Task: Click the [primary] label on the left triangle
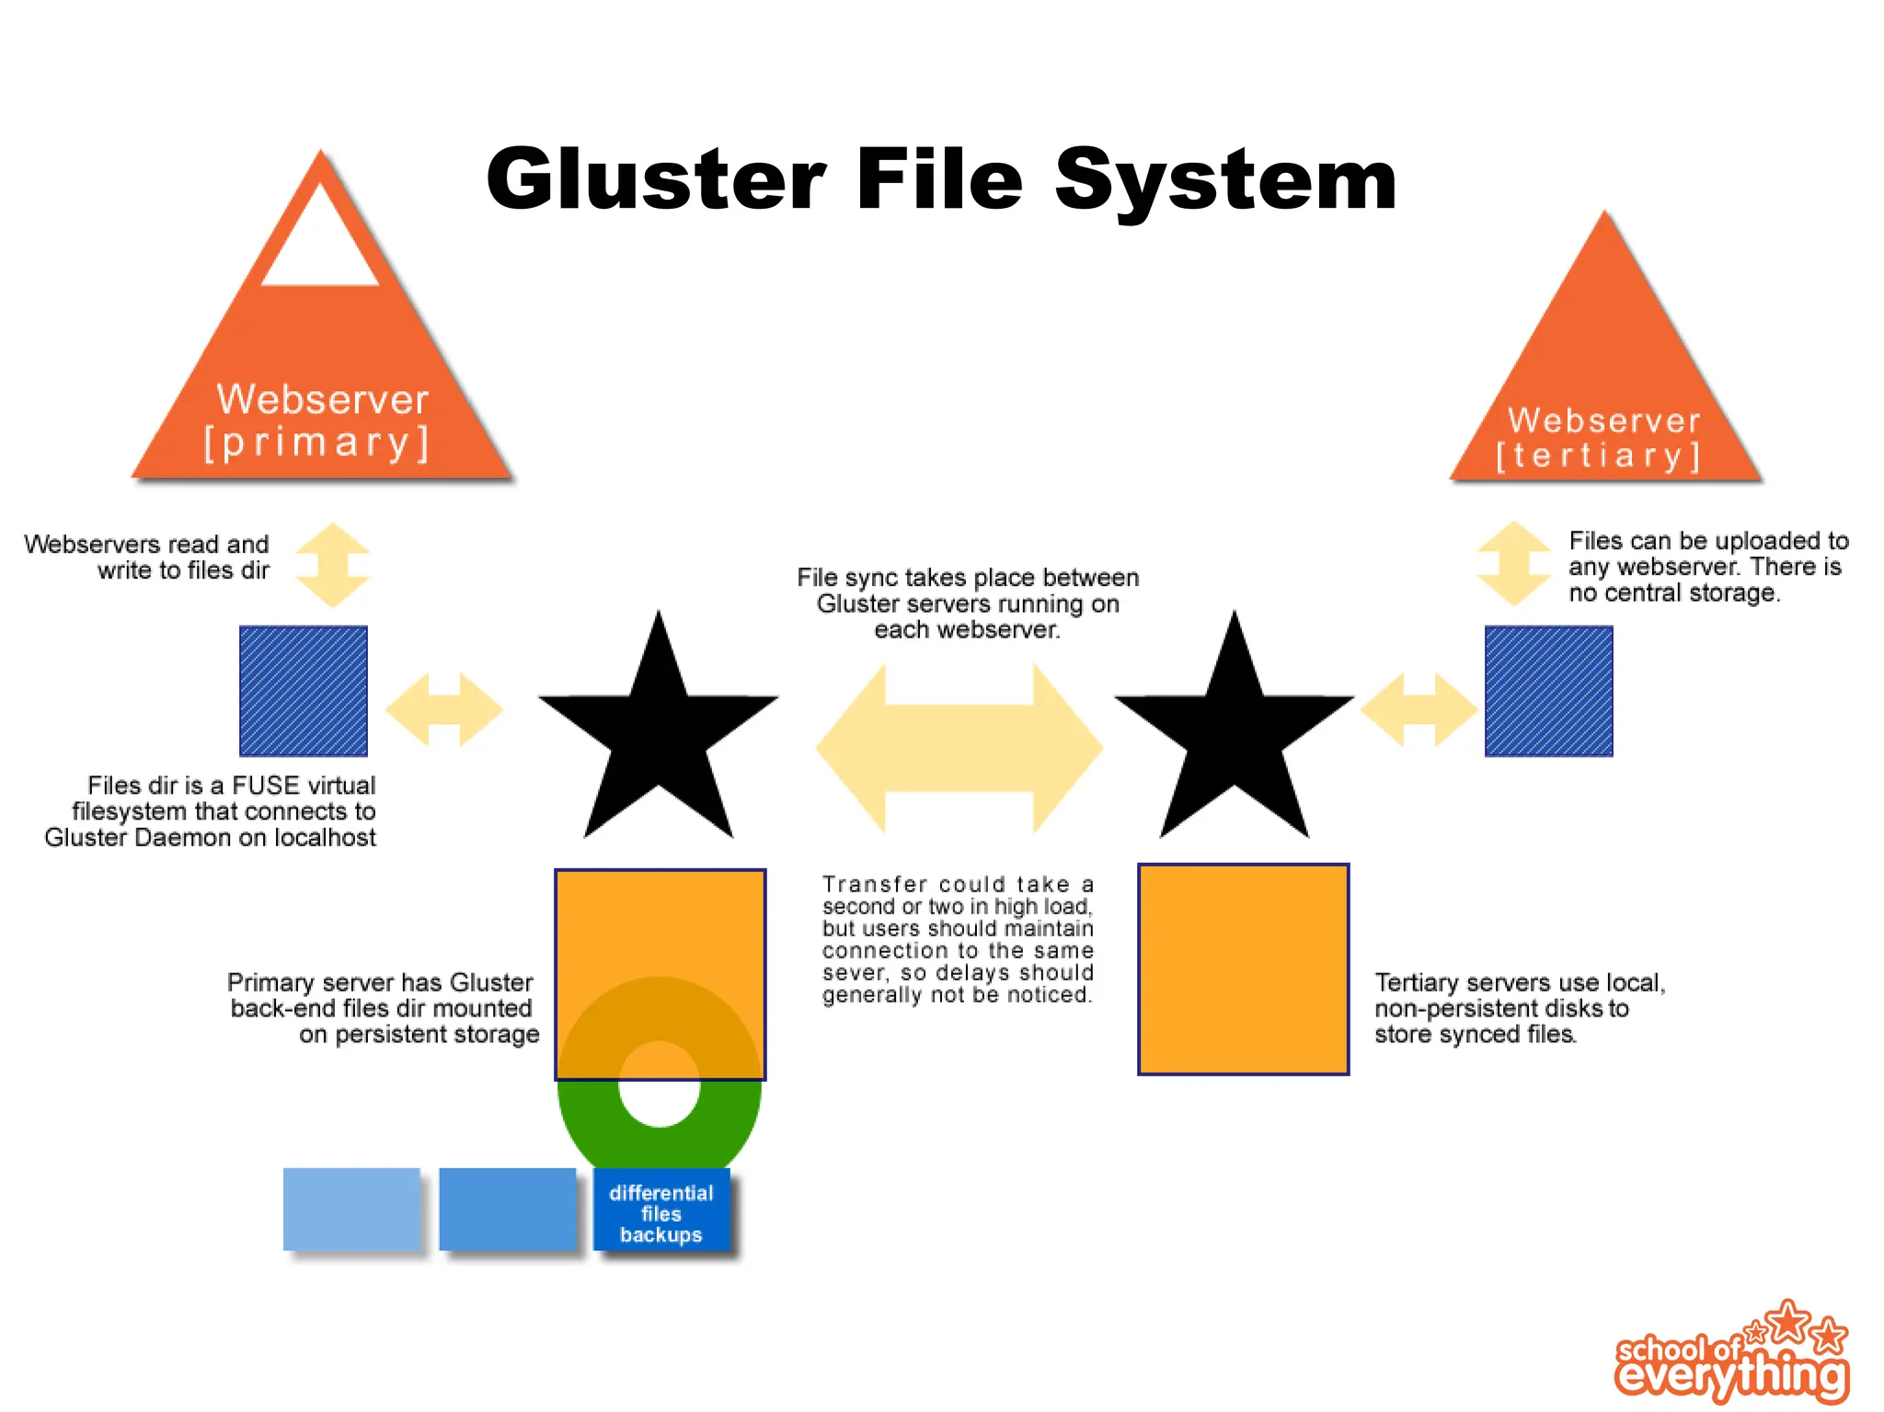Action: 317,443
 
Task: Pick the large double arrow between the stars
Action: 959,747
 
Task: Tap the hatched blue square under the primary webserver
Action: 304,691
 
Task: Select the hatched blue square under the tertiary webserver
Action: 1549,691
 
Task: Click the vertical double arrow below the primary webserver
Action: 333,565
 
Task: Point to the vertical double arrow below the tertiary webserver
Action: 1513,563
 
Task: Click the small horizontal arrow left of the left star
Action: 444,709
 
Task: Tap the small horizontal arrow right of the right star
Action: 1419,709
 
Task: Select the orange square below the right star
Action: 1244,969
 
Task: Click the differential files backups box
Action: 661,1212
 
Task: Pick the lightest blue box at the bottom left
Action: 351,1209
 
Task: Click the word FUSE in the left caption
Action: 266,786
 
